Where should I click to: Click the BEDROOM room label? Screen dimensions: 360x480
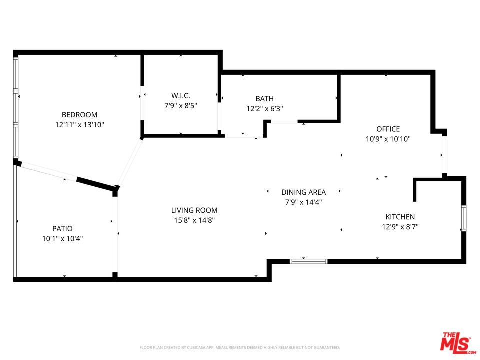point(79,115)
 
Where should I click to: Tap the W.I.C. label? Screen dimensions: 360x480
point(180,95)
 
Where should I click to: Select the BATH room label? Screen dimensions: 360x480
point(264,99)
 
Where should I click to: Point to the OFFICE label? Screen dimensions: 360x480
point(388,129)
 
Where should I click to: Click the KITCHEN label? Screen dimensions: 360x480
point(400,217)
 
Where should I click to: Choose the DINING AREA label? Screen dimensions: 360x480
point(303,192)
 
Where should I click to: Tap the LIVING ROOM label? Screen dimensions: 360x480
point(194,210)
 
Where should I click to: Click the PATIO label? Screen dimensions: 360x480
point(62,229)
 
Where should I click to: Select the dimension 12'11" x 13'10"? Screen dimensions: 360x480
point(79,125)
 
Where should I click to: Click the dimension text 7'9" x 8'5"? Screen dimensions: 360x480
point(180,106)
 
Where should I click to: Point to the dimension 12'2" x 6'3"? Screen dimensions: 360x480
point(264,109)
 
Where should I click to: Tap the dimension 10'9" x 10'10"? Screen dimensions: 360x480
point(388,140)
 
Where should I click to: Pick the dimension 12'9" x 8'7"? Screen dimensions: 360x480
point(400,227)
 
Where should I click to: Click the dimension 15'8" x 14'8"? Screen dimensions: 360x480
point(194,220)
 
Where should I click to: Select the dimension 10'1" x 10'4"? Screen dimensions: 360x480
point(62,239)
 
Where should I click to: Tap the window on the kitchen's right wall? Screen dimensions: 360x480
point(463,218)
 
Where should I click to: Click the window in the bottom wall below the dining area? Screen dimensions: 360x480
point(308,261)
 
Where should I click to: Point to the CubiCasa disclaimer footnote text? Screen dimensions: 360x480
point(240,347)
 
